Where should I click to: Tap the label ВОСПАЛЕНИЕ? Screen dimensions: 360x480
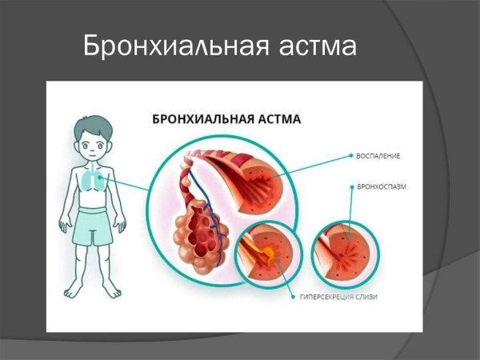tap(378, 155)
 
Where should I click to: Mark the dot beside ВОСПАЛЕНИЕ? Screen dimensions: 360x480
tap(350, 155)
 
